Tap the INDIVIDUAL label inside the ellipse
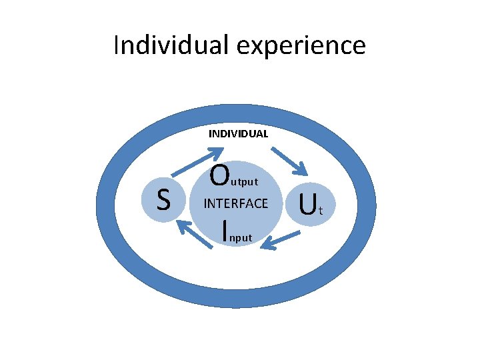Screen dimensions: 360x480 coord(238,133)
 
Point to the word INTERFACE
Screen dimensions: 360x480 coord(235,203)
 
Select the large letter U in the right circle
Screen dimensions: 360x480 coord(307,205)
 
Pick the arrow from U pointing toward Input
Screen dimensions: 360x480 coord(279,240)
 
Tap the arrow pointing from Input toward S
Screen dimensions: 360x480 coord(191,233)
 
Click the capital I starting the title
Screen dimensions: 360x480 coord(117,45)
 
